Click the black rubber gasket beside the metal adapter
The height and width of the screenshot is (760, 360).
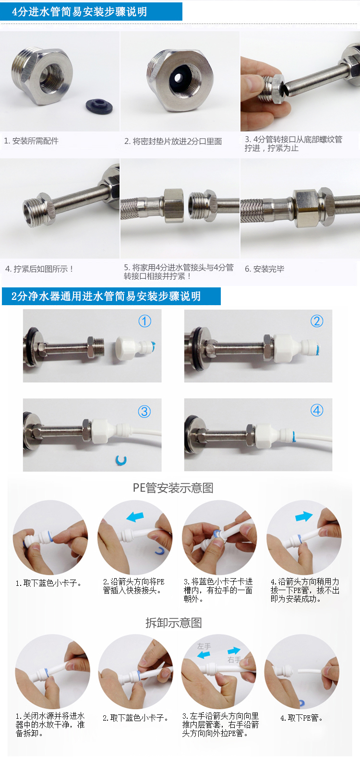pos(98,106)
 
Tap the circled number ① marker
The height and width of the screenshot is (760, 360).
pos(144,321)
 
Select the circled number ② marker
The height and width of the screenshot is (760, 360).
pos(317,321)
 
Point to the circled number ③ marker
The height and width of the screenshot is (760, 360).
pos(144,412)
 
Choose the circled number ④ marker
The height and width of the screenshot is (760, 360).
pos(317,411)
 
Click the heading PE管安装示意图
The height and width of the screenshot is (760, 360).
pos(173,488)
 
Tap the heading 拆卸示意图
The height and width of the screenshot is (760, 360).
pos(174,623)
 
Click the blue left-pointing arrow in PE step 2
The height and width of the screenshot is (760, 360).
pos(135,517)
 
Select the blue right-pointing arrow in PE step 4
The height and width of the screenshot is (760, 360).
pos(304,516)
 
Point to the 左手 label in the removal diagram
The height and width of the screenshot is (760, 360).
pos(204,646)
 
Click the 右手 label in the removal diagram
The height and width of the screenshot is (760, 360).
pos(234,660)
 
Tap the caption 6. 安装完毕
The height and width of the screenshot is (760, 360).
pos(264,269)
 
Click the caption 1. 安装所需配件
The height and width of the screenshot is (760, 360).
pos(31,141)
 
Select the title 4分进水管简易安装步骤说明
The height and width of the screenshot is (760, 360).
pos(79,12)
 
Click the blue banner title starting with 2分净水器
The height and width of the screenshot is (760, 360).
pos(106,296)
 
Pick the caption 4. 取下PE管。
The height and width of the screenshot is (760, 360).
pos(301,718)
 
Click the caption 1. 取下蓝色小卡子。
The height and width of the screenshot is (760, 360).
pos(49,583)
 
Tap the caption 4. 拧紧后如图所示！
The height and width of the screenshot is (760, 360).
pos(39,269)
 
